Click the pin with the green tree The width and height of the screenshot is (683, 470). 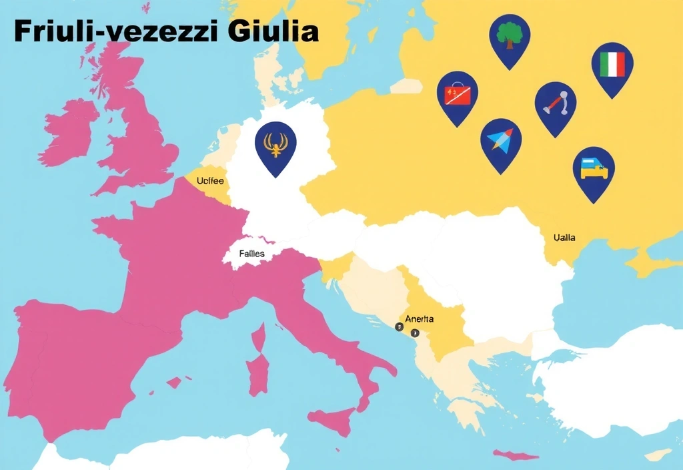[x=510, y=37]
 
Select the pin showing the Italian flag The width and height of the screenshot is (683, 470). [x=612, y=65]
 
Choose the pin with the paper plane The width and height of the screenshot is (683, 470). [x=500, y=141]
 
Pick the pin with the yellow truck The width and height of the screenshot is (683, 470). [x=594, y=170]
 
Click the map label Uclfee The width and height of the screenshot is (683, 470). [x=210, y=181]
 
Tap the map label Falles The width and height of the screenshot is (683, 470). [x=252, y=254]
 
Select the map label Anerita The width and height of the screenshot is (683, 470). [x=419, y=319]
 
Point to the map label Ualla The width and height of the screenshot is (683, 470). [x=564, y=237]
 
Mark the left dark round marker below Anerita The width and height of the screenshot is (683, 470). [x=399, y=327]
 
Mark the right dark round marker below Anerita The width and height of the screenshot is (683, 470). [x=414, y=332]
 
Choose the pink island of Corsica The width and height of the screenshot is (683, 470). [x=259, y=337]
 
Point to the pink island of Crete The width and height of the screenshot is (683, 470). [x=516, y=456]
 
